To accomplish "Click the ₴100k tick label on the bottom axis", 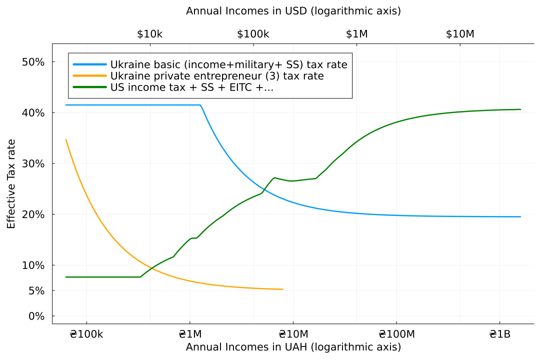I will pos(86,334).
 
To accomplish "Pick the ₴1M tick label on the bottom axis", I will pos(189,334).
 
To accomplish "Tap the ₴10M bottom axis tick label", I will pos(293,334).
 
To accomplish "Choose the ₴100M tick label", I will pos(396,334).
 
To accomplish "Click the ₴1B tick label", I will pos(499,334).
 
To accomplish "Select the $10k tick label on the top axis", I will pos(149,34).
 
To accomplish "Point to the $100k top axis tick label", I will pos(253,34).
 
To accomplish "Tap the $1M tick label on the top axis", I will pos(356,34).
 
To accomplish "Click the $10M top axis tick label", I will pos(460,34).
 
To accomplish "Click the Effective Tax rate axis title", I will pos(11,184).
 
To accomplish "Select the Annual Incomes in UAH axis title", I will pos(293,347).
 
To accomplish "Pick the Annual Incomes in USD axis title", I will pos(293,11).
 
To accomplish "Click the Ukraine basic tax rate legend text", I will pos(228,64).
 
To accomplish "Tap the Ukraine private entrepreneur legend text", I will pos(217,76).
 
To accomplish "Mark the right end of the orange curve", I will pos(283,289).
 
